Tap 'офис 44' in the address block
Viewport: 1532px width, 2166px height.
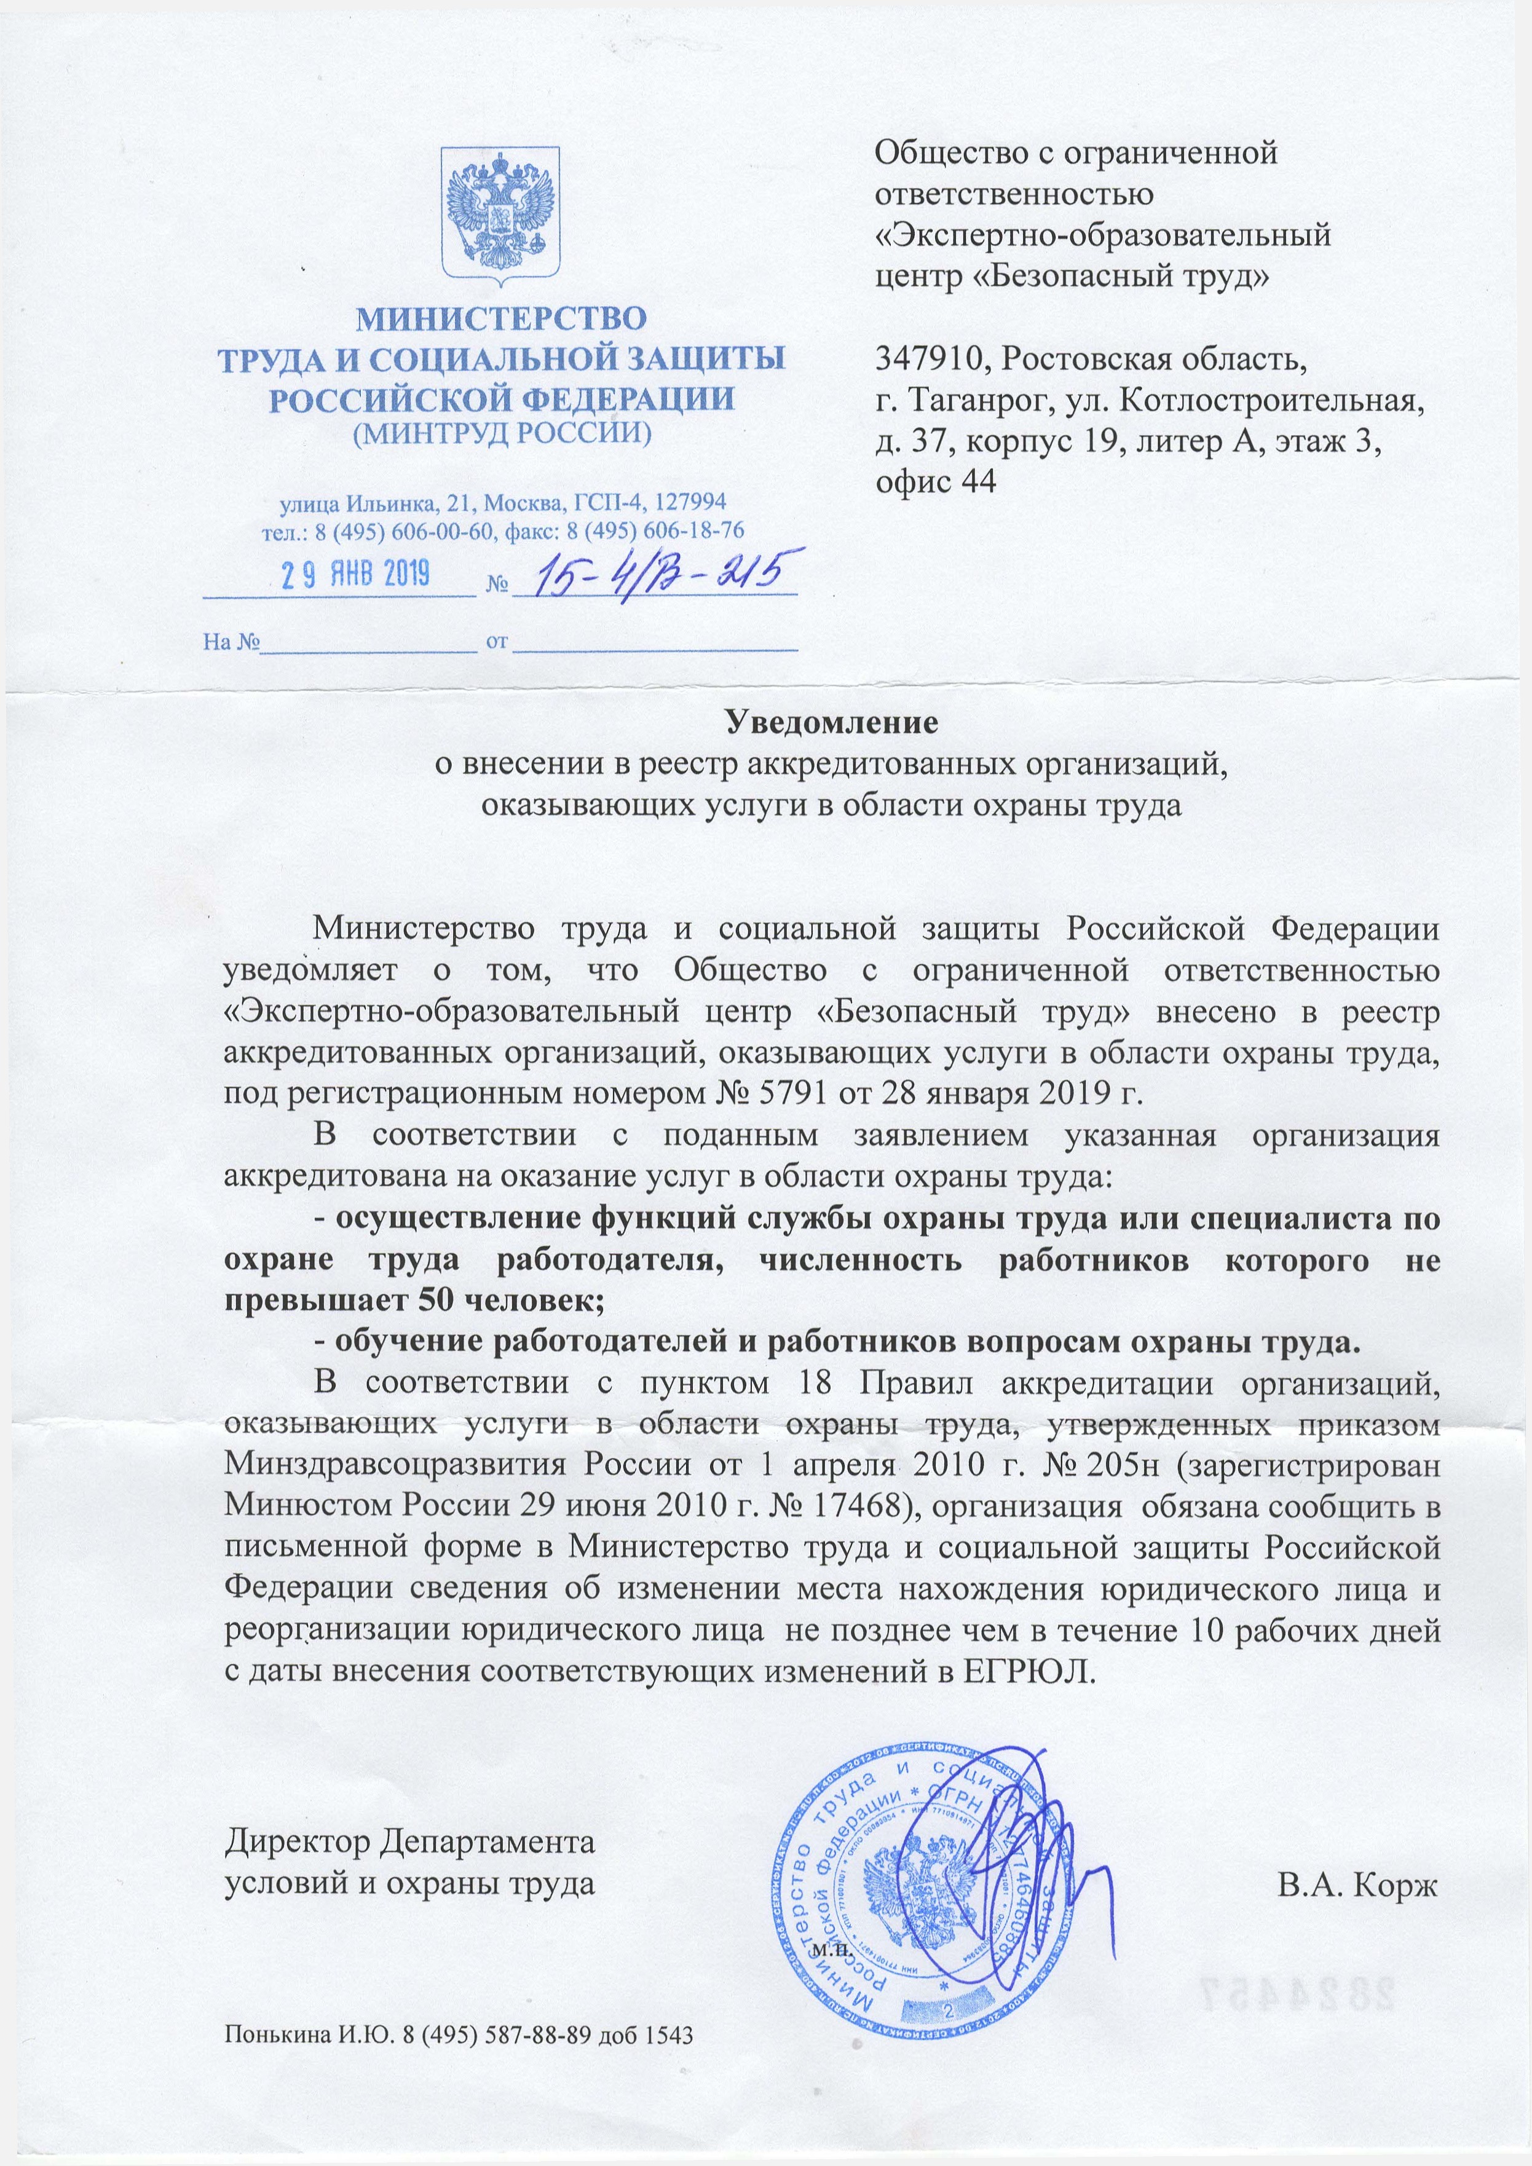pyautogui.click(x=936, y=481)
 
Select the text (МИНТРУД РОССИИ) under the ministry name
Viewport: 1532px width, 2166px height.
pyautogui.click(x=501, y=433)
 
